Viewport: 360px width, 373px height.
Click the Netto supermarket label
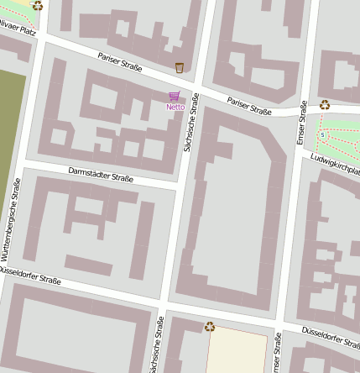175,107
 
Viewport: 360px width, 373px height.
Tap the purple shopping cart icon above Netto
175,97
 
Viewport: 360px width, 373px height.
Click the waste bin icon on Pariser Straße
179,67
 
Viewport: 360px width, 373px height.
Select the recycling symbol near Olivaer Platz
37,5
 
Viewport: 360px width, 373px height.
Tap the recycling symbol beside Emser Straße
325,105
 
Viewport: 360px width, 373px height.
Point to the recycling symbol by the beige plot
209,326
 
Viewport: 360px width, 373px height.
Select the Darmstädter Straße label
101,176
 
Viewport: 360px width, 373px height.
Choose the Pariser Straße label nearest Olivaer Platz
119,62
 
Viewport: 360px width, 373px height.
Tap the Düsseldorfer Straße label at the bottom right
330,336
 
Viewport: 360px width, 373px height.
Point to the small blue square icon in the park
321,134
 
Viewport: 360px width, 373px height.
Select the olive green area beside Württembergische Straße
11,126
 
